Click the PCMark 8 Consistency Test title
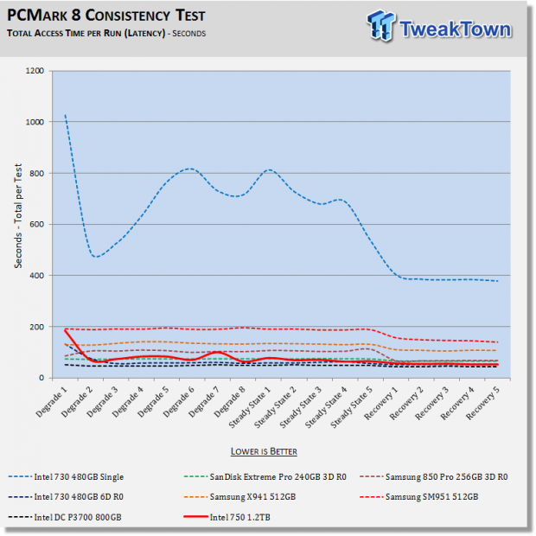point(106,16)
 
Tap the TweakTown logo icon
point(380,26)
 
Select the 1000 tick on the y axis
point(35,122)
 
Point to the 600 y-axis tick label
point(37,224)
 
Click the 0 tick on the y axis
point(41,378)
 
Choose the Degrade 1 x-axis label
point(51,402)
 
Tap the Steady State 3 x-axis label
point(301,407)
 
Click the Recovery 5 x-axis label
point(482,403)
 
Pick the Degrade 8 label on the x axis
point(230,402)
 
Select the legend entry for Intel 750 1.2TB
point(227,517)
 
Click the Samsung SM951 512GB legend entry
point(419,497)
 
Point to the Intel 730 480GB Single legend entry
point(66,477)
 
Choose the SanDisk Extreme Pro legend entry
point(265,477)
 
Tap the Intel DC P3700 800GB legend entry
point(65,517)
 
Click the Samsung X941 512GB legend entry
point(239,497)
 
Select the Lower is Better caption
point(264,451)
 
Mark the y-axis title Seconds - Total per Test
point(18,216)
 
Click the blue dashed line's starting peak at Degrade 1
point(66,115)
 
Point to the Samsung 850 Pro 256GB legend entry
point(434,477)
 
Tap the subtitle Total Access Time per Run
point(86,33)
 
